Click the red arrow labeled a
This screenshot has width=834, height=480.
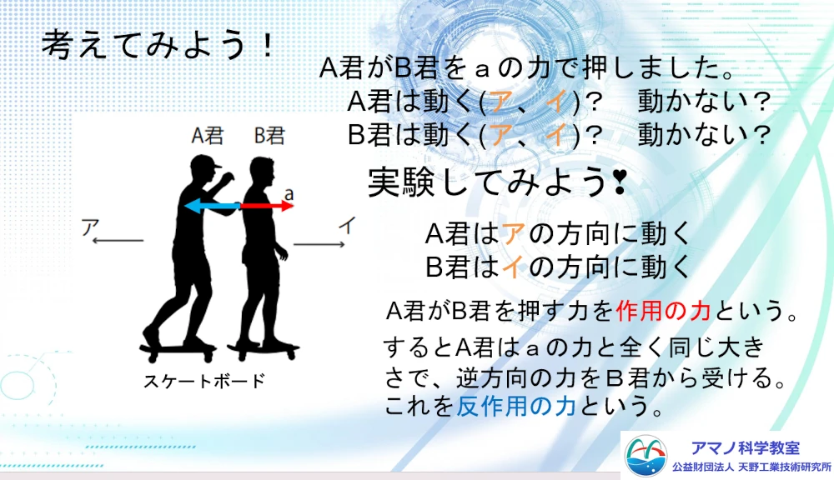(x=267, y=206)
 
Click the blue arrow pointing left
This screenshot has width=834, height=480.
(x=212, y=206)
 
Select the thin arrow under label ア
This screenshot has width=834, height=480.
(x=118, y=241)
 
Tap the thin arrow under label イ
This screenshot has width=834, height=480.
(x=319, y=244)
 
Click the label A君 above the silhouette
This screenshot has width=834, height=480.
(x=208, y=136)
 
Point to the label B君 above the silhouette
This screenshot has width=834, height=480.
(x=269, y=136)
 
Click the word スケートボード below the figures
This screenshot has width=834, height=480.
(x=204, y=381)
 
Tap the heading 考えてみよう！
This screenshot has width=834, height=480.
(x=158, y=44)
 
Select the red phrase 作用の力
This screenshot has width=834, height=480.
(x=663, y=311)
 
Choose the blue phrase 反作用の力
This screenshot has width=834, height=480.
(x=516, y=407)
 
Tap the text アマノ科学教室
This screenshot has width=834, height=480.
(x=745, y=448)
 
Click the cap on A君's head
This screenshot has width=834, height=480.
(x=205, y=162)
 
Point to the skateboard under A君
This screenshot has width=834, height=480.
(x=178, y=352)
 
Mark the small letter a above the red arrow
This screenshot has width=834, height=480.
(x=289, y=194)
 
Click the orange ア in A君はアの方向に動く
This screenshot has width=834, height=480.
(x=513, y=233)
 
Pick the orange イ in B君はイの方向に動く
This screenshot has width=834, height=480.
(x=512, y=267)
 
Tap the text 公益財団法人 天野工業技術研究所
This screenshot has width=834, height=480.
(x=751, y=467)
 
